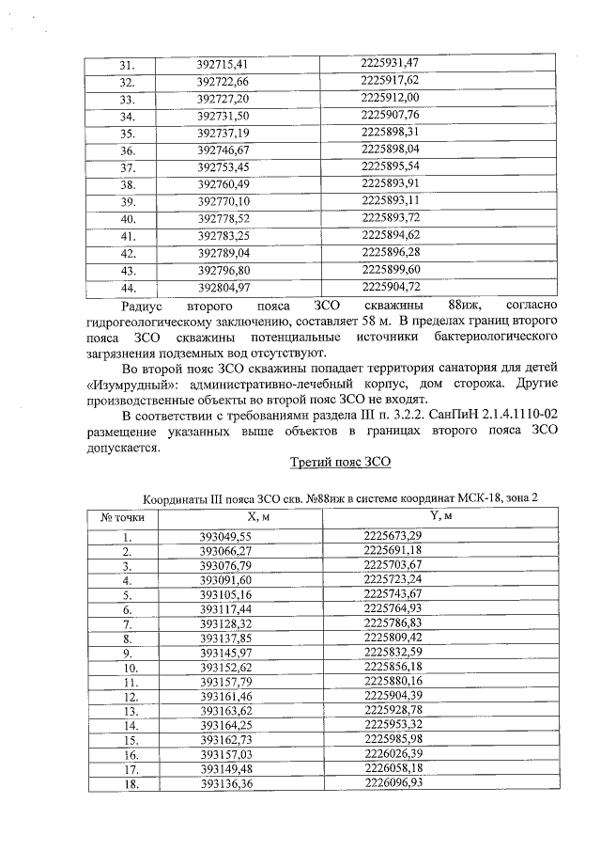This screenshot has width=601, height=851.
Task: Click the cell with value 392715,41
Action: [222, 64]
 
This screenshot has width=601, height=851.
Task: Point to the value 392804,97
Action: [222, 288]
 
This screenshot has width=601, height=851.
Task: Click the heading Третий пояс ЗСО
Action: [339, 465]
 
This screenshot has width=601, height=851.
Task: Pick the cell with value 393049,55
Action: [226, 536]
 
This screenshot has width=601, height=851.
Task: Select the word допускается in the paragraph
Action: [123, 448]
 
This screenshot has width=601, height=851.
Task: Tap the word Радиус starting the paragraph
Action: [143, 306]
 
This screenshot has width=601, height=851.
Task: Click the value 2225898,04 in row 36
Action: [390, 150]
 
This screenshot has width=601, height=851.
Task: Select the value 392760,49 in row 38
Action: [222, 184]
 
